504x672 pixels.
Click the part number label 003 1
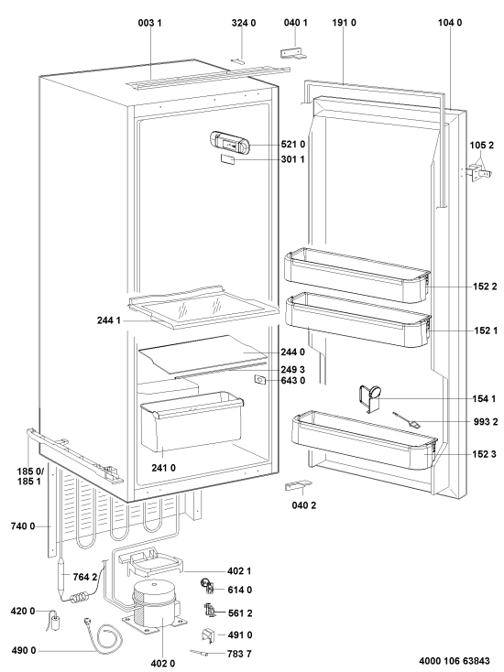click(x=149, y=23)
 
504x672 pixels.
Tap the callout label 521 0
click(x=293, y=144)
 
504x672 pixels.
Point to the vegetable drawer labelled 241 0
click(x=192, y=421)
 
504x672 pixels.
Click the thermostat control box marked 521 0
click(x=229, y=143)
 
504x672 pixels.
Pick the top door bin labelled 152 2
click(x=357, y=275)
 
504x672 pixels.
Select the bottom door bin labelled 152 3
click(x=365, y=440)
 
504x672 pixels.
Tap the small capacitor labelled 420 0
click(x=54, y=622)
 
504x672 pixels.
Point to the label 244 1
click(x=109, y=320)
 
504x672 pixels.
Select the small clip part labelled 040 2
click(x=299, y=484)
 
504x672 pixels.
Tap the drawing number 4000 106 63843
click(x=455, y=661)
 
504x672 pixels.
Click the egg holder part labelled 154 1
click(x=370, y=397)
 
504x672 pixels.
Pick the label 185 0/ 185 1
click(x=29, y=476)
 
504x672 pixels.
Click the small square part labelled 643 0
click(x=260, y=379)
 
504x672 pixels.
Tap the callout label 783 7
click(x=239, y=654)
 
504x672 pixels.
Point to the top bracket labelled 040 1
click(x=294, y=53)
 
